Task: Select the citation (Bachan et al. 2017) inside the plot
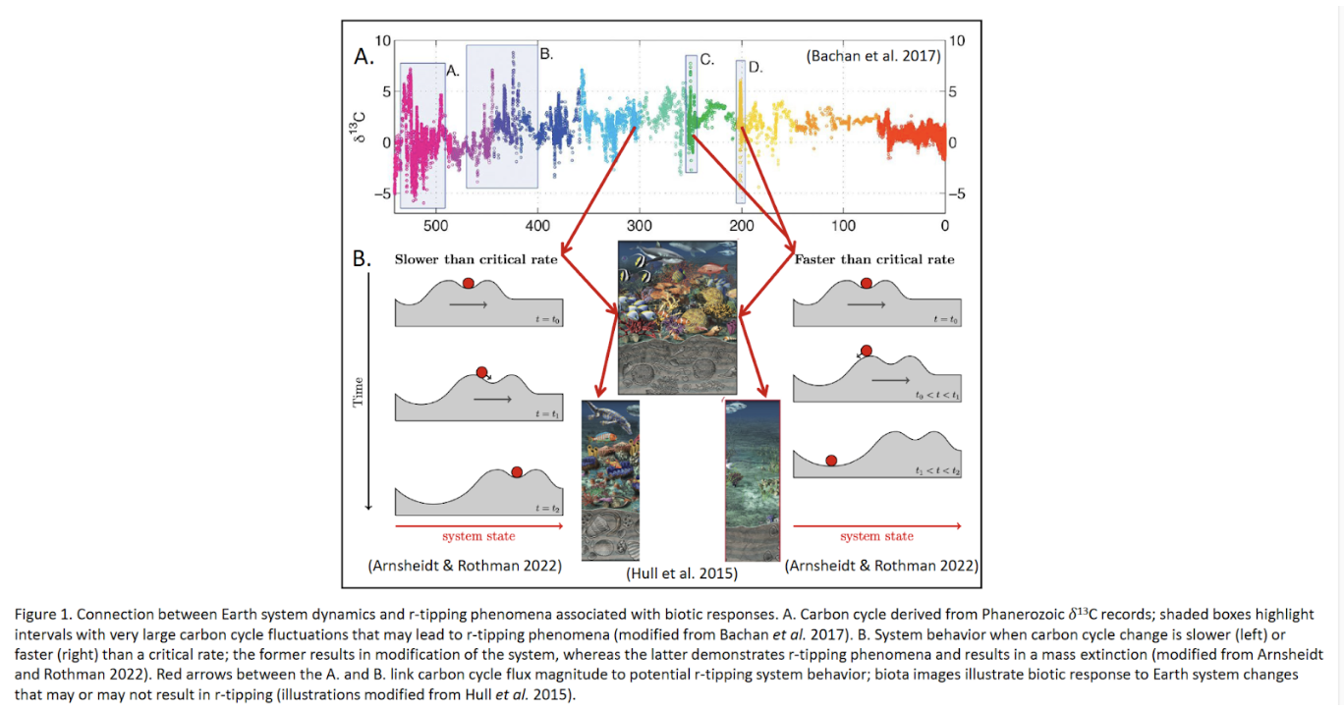[x=873, y=57]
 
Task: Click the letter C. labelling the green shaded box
[x=704, y=61]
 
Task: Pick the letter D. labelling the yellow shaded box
[x=755, y=67]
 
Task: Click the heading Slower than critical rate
[x=476, y=259]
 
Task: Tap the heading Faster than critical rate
[x=873, y=259]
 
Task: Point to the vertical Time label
[x=359, y=392]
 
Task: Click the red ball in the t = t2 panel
[x=517, y=471]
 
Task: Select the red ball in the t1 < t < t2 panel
[x=831, y=461]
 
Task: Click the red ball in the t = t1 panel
[x=481, y=372]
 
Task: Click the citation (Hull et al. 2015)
[x=681, y=574]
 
